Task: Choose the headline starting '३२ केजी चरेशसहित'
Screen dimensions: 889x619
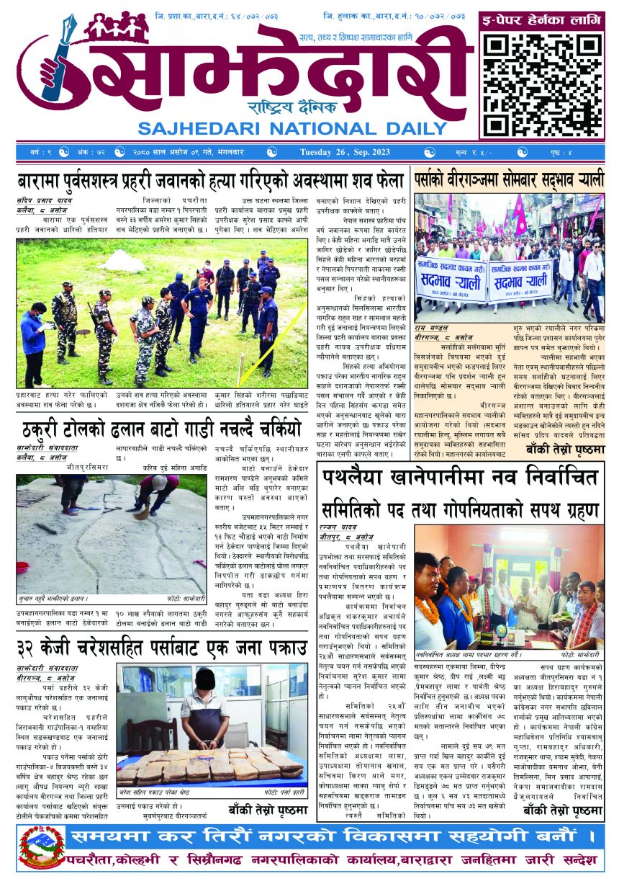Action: click(160, 649)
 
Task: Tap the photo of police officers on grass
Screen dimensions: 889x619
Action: click(163, 313)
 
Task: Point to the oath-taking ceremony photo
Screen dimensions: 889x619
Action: click(508, 588)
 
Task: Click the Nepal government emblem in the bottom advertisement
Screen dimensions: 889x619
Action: click(40, 849)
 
